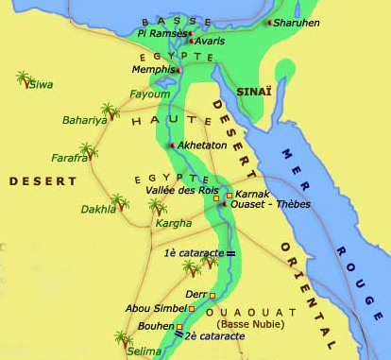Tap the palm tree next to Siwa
coord(22,77)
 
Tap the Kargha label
coord(174,223)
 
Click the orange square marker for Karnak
coord(229,195)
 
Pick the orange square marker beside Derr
coord(212,295)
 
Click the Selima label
coord(143,351)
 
